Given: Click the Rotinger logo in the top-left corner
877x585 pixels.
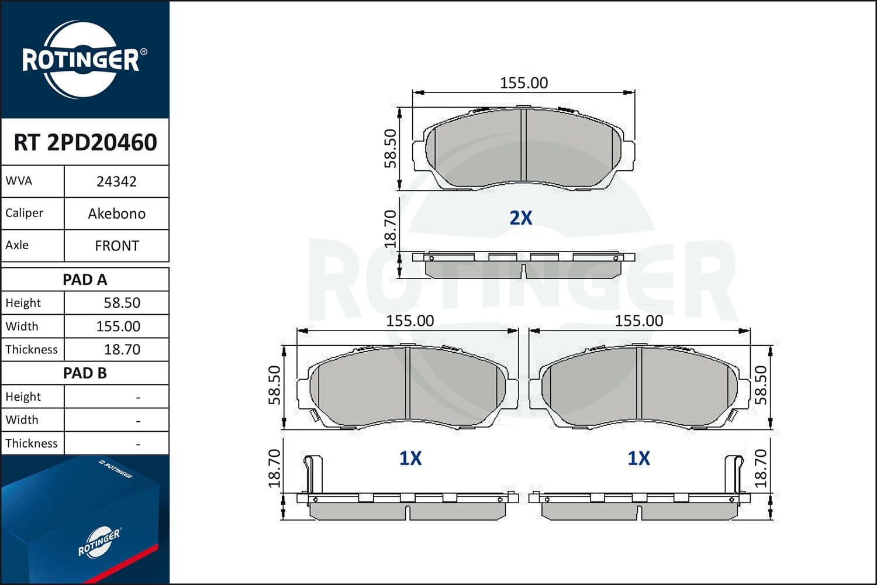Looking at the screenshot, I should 81,60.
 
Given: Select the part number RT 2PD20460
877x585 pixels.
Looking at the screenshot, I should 85,142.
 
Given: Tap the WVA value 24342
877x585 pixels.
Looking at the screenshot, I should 116,181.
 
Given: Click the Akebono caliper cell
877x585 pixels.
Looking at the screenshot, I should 116,214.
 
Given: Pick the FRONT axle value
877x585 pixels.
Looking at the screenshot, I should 117,246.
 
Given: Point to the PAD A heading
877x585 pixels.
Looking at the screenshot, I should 85,280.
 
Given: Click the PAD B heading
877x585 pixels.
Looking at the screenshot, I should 85,373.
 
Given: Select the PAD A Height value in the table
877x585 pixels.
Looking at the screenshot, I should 122,303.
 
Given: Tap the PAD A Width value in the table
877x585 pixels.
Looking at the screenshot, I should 118,326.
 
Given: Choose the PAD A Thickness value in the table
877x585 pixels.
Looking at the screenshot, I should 122,350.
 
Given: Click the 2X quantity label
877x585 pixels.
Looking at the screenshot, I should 521,218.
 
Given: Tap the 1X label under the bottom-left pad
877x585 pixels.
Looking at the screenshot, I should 410,458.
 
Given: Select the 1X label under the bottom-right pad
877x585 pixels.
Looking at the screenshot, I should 638,458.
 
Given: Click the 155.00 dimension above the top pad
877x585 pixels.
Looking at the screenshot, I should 524,83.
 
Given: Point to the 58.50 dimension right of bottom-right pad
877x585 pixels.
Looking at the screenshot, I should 761,385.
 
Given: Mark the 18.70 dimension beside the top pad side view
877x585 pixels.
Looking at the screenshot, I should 391,229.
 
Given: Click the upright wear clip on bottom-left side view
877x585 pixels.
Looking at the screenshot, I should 313,474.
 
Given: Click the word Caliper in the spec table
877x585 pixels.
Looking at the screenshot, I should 24,213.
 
